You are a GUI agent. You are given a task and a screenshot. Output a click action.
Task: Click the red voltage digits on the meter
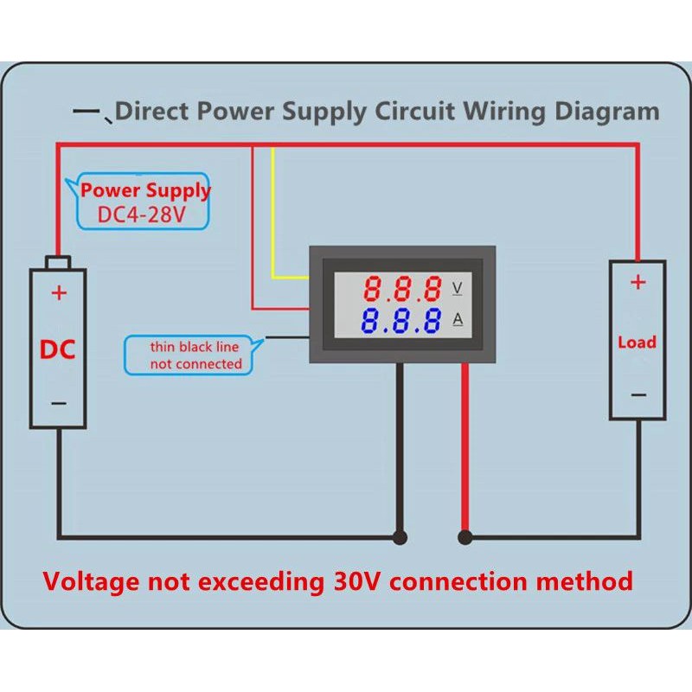pyautogui.click(x=403, y=287)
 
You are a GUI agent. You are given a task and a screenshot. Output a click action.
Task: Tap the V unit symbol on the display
pyautogui.click(x=458, y=286)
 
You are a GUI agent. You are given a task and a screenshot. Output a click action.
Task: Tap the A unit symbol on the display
pyautogui.click(x=458, y=320)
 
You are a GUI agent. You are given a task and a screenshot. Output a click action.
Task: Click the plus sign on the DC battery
pyautogui.click(x=59, y=292)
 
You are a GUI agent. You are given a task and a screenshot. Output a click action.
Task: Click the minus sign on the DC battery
pyautogui.click(x=58, y=402)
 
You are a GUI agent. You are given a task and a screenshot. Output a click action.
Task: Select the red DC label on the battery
pyautogui.click(x=58, y=349)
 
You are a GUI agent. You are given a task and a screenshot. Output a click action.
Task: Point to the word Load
pyautogui.click(x=637, y=342)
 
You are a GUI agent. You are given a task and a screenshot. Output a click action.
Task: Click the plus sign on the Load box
pyautogui.click(x=638, y=282)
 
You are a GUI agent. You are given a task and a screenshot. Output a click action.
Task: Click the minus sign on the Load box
pyautogui.click(x=638, y=394)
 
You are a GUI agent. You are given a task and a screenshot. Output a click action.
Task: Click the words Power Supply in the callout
pyautogui.click(x=145, y=190)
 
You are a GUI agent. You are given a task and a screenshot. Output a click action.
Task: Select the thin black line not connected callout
pyautogui.click(x=195, y=355)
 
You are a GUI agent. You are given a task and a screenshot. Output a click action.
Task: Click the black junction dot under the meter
pyautogui.click(x=400, y=537)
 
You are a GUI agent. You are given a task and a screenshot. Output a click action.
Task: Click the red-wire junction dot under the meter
pyautogui.click(x=465, y=537)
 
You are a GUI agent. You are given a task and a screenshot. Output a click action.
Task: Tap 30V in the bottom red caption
pyautogui.click(x=366, y=580)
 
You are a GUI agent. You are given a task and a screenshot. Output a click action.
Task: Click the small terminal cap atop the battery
pyautogui.click(x=58, y=262)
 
